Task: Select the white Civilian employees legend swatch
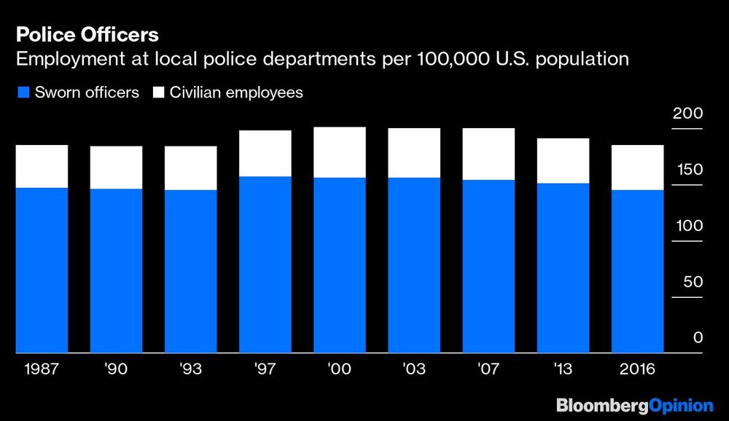(x=158, y=93)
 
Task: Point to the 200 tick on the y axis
(x=687, y=114)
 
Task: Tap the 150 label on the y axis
(x=687, y=170)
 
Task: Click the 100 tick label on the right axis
(x=687, y=226)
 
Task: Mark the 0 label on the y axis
(x=697, y=337)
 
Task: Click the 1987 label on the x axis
(x=42, y=369)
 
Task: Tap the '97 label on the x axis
(x=265, y=369)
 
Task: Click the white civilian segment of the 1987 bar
(x=42, y=166)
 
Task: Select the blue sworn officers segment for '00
(x=339, y=265)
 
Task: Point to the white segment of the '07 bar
(x=488, y=154)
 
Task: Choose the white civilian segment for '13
(x=563, y=160)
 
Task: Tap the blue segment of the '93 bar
(x=190, y=271)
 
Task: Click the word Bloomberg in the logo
(x=599, y=405)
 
